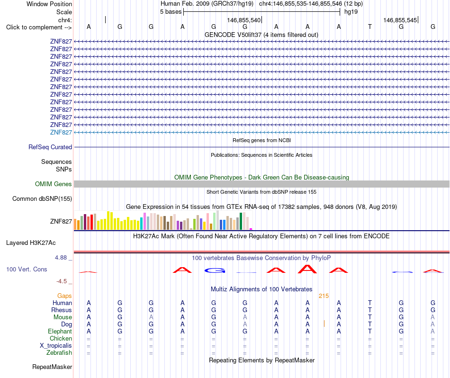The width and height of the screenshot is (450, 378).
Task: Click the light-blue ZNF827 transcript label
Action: pyautogui.click(x=61, y=132)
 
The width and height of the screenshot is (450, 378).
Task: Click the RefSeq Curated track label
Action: pyautogui.click(x=50, y=147)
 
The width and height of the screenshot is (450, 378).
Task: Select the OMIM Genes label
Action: pyautogui.click(x=54, y=184)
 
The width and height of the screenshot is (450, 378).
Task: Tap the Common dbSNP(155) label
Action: pyautogui.click(x=42, y=198)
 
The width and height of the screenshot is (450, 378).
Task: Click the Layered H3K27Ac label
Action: pyautogui.click(x=31, y=243)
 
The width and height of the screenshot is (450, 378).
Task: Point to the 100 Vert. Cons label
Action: pyautogui.click(x=27, y=269)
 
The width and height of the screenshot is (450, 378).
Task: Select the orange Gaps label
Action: pyautogui.click(x=64, y=296)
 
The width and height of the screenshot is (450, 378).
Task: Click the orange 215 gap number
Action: pyautogui.click(x=324, y=296)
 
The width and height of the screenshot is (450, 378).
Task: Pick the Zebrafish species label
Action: pyautogui.click(x=59, y=352)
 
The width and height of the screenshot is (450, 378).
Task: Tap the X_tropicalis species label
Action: pyautogui.click(x=56, y=346)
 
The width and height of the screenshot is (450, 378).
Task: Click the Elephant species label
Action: pyautogui.click(x=60, y=331)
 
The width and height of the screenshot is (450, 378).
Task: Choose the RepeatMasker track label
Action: pyautogui.click(x=52, y=367)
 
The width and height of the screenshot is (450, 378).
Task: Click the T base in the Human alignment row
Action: pyautogui.click(x=370, y=303)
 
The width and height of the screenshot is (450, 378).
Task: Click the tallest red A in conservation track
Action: pyautogui.click(x=307, y=269)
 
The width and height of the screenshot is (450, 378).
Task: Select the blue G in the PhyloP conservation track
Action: pyautogui.click(x=215, y=270)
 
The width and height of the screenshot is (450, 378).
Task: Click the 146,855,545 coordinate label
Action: pyautogui.click(x=400, y=20)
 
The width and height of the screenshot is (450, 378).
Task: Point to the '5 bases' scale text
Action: pyautogui.click(x=171, y=12)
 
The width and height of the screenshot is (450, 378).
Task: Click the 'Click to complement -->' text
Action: pyautogui.click(x=39, y=27)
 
